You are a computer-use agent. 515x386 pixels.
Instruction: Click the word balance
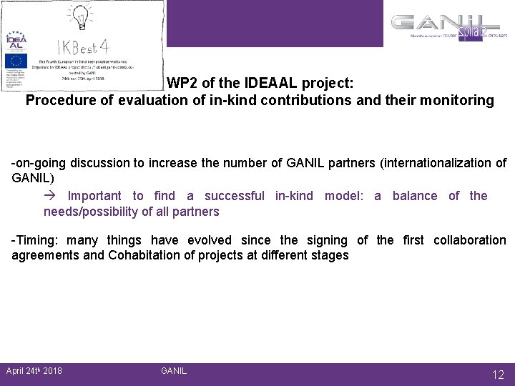click(x=415, y=196)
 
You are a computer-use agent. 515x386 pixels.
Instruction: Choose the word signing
click(x=326, y=240)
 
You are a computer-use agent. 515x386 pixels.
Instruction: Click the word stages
click(x=330, y=254)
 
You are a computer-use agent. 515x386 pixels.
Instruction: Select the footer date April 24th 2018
click(x=34, y=370)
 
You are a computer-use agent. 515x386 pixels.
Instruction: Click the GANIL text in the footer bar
click(x=174, y=370)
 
